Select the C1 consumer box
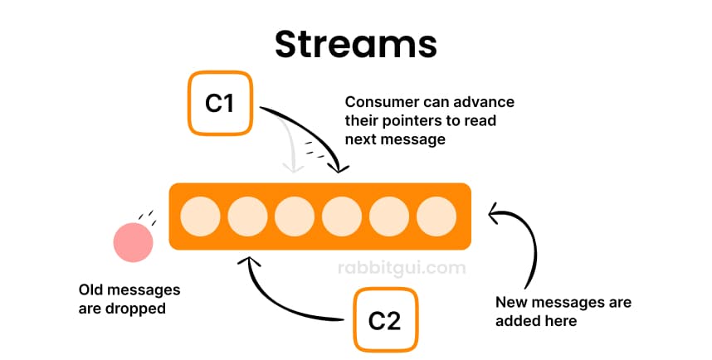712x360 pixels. [219, 103]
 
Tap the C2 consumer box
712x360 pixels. [384, 319]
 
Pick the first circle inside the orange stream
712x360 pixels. [200, 216]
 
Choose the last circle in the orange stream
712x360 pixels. [436, 216]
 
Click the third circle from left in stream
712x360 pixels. [295, 216]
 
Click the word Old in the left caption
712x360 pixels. [92, 290]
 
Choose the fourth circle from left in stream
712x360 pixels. [342, 216]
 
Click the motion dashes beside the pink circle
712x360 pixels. [147, 218]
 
